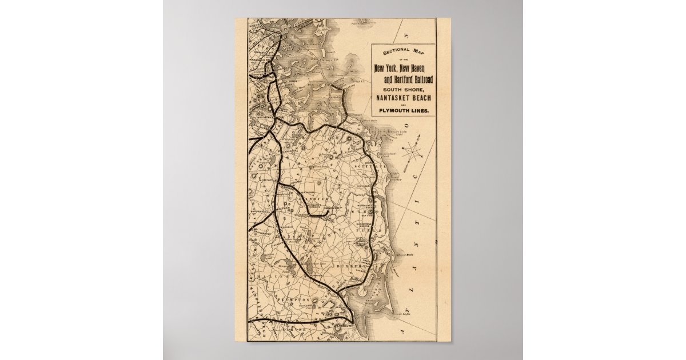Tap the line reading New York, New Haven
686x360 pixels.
(402, 69)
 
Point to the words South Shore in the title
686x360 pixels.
(402, 89)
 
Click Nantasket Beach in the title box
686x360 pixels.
(402, 99)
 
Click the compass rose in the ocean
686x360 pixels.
(413, 152)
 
